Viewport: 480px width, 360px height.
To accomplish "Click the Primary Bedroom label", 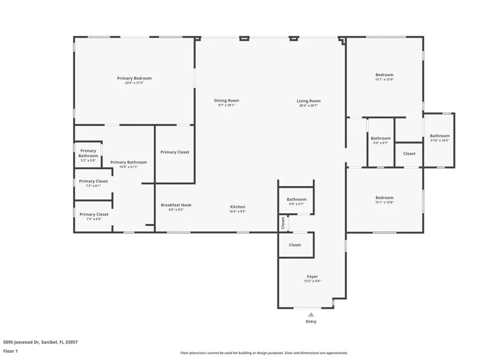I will [134, 78].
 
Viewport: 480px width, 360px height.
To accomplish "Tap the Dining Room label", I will [226, 101].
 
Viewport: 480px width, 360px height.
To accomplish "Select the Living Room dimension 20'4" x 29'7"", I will [308, 105].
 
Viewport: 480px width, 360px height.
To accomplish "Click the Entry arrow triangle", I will [311, 315].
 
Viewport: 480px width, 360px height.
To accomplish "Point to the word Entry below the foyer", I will [311, 322].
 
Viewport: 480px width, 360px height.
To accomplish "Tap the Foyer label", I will [312, 277].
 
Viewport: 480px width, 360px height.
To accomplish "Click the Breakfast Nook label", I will [176, 205].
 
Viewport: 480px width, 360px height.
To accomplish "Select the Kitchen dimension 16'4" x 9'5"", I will [238, 211].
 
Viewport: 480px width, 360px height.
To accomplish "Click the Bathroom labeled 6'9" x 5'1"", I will [296, 199].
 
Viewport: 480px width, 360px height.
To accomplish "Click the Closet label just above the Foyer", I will [295, 245].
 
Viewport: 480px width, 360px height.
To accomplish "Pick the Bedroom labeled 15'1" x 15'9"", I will [384, 75].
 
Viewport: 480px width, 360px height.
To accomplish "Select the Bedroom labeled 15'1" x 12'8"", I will [384, 198].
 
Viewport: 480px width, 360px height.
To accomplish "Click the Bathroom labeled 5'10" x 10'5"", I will [440, 136].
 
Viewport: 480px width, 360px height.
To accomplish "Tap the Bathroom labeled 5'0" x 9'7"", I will [381, 138].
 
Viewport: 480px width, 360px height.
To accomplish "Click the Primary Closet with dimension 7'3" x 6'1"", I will [93, 181].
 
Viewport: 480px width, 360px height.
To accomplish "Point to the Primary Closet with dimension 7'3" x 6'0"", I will [94, 214].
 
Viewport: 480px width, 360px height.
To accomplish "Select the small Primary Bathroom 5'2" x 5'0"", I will [88, 153].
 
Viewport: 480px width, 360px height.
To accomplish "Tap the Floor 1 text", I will [10, 351].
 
